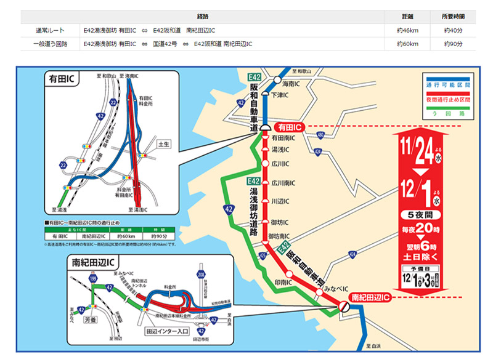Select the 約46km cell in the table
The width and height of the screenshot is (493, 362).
(409, 30)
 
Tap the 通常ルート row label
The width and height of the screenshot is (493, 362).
(50, 30)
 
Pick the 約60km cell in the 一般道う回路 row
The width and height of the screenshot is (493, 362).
(409, 44)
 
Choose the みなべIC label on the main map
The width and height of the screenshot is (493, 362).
(327, 289)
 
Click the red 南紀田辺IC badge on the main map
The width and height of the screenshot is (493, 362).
(370, 297)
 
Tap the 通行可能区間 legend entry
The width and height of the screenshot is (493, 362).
(447, 84)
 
